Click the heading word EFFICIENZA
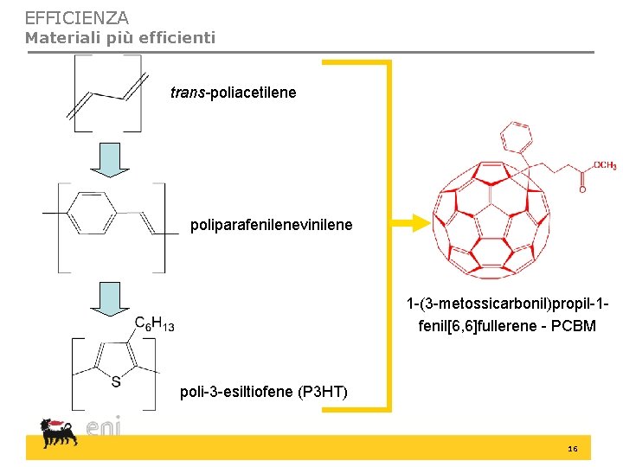pos(76,17)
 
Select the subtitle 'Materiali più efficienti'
pos(119,37)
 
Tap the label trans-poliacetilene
pos(233,92)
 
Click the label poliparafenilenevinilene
pos(271,225)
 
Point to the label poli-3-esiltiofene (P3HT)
pos(263,392)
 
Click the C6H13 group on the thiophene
pos(154,323)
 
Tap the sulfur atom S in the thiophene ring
pos(115,381)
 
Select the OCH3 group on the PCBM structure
pos(605,166)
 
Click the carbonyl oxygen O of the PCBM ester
pos(581,189)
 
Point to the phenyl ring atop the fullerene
pos(516,135)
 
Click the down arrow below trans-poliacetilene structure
pos(110,158)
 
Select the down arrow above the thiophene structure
pos(110,297)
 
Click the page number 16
pos(572,450)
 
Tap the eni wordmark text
pos(103,427)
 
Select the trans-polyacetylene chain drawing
pos(107,93)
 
